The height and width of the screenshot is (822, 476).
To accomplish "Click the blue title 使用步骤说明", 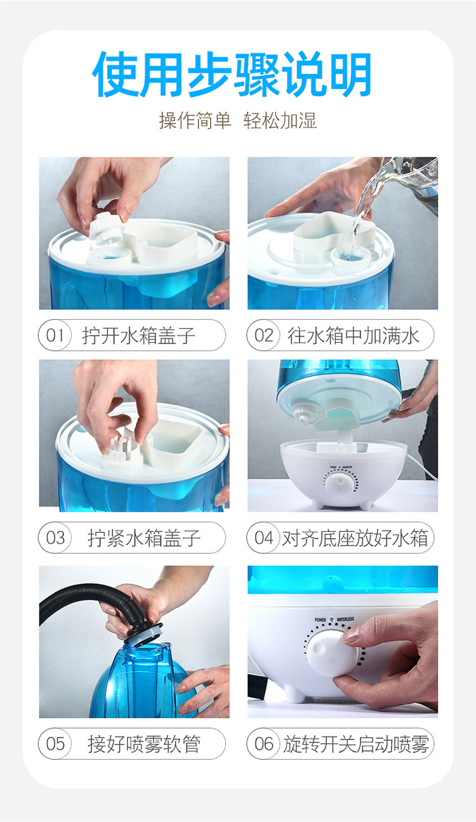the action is (x=232, y=74).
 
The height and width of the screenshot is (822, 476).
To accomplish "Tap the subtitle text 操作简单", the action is (x=195, y=121).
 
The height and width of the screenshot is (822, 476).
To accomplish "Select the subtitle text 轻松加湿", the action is (x=280, y=121).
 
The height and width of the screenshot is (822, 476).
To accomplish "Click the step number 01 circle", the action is (x=55, y=335).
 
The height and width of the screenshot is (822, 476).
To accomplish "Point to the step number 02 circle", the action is (x=263, y=335).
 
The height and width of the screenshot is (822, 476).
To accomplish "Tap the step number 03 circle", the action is (x=55, y=538).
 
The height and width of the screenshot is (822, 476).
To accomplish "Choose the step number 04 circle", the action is (x=263, y=538).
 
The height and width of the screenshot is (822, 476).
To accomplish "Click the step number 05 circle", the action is (x=55, y=744).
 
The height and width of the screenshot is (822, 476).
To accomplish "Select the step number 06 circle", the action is (x=263, y=744).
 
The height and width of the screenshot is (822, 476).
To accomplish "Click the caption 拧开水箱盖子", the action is (x=139, y=335).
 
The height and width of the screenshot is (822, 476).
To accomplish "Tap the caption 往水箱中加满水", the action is (x=353, y=335).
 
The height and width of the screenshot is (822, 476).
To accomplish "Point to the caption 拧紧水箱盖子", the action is (x=144, y=538).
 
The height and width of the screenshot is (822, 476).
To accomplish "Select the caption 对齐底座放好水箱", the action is (x=355, y=538).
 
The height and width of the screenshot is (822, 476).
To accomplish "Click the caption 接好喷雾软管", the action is (x=144, y=744).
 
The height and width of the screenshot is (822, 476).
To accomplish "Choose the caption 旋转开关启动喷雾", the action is (x=355, y=744).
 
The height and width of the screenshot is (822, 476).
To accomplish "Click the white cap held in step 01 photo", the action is (x=106, y=229).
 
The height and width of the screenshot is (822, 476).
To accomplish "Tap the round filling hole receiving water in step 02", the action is (x=350, y=256).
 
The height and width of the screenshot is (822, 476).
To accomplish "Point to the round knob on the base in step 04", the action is (x=341, y=484).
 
